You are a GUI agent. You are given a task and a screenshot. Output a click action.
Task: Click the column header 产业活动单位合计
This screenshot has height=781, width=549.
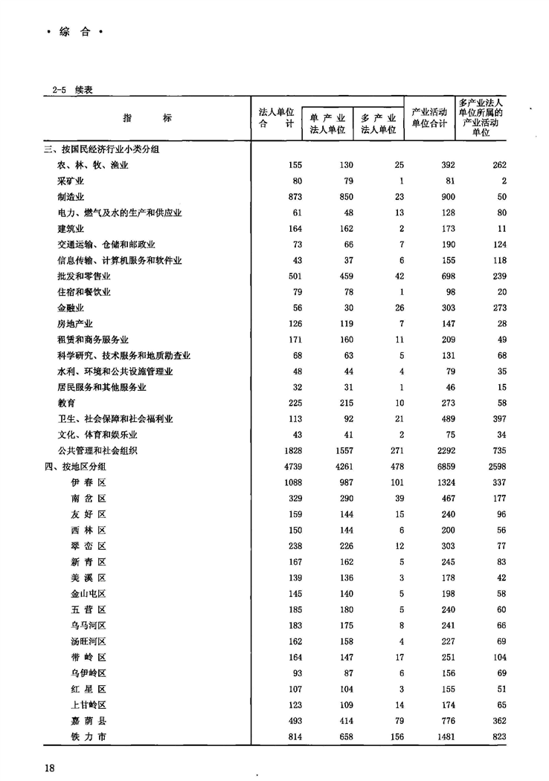429,118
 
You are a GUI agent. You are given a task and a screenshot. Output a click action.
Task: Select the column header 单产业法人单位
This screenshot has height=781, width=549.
327,123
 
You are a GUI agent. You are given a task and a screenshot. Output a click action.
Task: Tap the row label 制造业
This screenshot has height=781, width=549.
71,197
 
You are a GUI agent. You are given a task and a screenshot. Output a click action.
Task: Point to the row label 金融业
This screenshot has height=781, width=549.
71,307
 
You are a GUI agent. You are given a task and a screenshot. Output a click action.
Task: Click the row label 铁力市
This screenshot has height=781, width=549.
89,736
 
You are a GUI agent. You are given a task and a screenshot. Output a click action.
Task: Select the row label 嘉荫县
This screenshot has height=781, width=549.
89,721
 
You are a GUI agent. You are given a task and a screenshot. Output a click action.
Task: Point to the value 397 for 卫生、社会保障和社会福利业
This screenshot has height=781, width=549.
497,418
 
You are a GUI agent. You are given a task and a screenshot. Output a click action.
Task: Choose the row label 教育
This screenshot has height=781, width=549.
66,403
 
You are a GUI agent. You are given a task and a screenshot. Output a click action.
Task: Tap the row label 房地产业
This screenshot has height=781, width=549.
77,323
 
